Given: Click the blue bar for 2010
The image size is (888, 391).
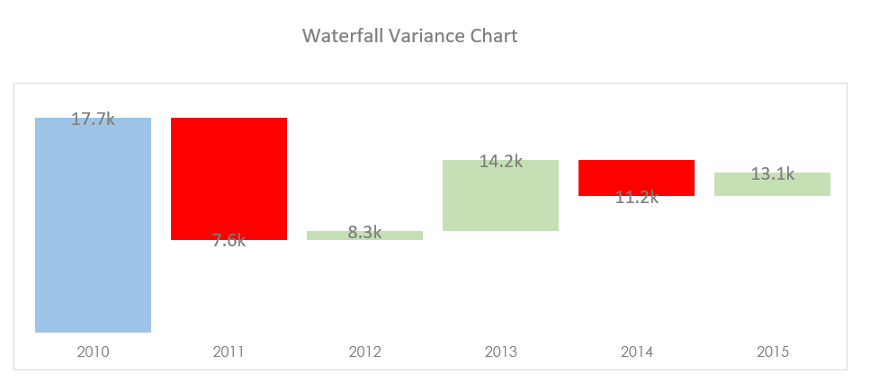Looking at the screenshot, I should point(93,234).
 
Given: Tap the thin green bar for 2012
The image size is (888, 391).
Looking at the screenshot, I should point(364,236).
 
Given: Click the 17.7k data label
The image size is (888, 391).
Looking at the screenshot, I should point(93,119).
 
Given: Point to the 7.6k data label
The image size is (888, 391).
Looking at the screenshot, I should point(229,240).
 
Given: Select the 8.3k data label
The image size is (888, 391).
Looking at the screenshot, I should point(364,232).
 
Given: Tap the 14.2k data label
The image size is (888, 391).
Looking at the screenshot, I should point(500,162).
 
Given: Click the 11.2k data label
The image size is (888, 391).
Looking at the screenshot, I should point(636,198).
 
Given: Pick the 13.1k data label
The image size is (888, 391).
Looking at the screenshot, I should point(772,174).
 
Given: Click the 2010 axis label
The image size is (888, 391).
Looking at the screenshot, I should point(93,351).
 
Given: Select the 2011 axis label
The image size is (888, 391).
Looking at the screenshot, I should point(229,351).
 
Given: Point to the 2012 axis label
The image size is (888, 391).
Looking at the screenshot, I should point(364,351).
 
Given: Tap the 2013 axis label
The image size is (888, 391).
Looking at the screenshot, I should point(500,351).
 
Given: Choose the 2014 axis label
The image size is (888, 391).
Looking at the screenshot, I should point(636,351).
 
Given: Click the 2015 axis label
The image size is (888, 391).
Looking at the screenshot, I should point(772,351).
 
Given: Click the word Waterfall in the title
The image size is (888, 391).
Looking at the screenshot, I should point(336,36).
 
